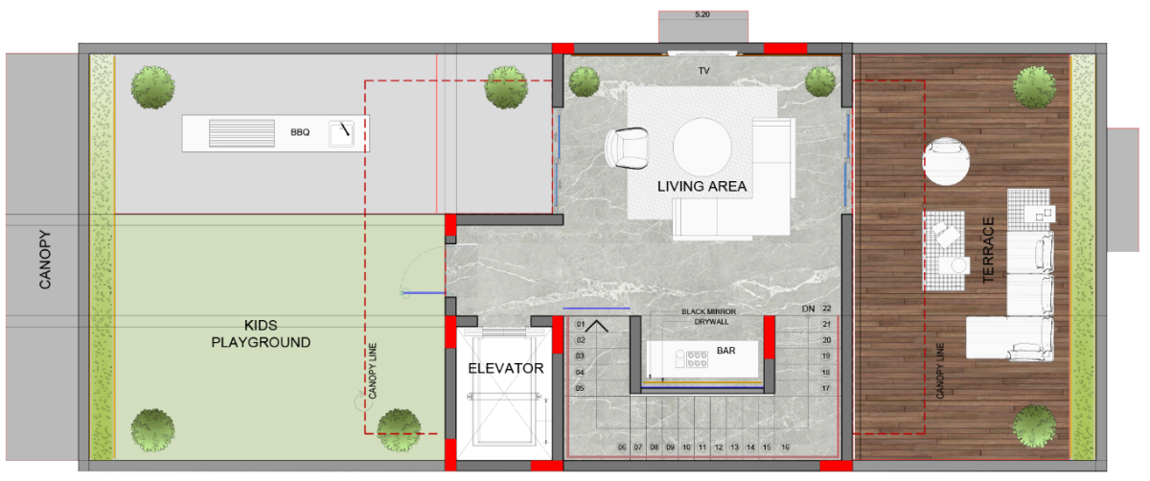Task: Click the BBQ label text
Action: pyautogui.click(x=300, y=132)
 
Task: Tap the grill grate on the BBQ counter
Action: pyautogui.click(x=241, y=133)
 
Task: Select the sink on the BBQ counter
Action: pyautogui.click(x=341, y=133)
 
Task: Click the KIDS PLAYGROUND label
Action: pyautogui.click(x=261, y=333)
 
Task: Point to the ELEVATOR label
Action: pyautogui.click(x=506, y=368)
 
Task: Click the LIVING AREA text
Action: pyautogui.click(x=701, y=186)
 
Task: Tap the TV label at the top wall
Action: pyautogui.click(x=703, y=71)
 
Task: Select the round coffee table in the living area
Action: pyautogui.click(x=701, y=147)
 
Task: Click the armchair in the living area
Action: pyautogui.click(x=627, y=148)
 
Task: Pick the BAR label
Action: pyautogui.click(x=726, y=351)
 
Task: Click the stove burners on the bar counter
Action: pyautogui.click(x=697, y=358)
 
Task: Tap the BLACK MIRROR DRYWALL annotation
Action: pyautogui.click(x=709, y=317)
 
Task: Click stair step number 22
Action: pyautogui.click(x=826, y=308)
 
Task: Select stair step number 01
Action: pyautogui.click(x=580, y=324)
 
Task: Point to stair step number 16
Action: pyautogui.click(x=785, y=447)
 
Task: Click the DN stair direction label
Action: pyautogui.click(x=808, y=309)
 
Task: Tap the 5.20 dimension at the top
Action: pyautogui.click(x=702, y=14)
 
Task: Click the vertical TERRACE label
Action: pyautogui.click(x=988, y=250)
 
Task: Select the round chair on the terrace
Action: pyautogui.click(x=946, y=161)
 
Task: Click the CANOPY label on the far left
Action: pyautogui.click(x=45, y=260)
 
